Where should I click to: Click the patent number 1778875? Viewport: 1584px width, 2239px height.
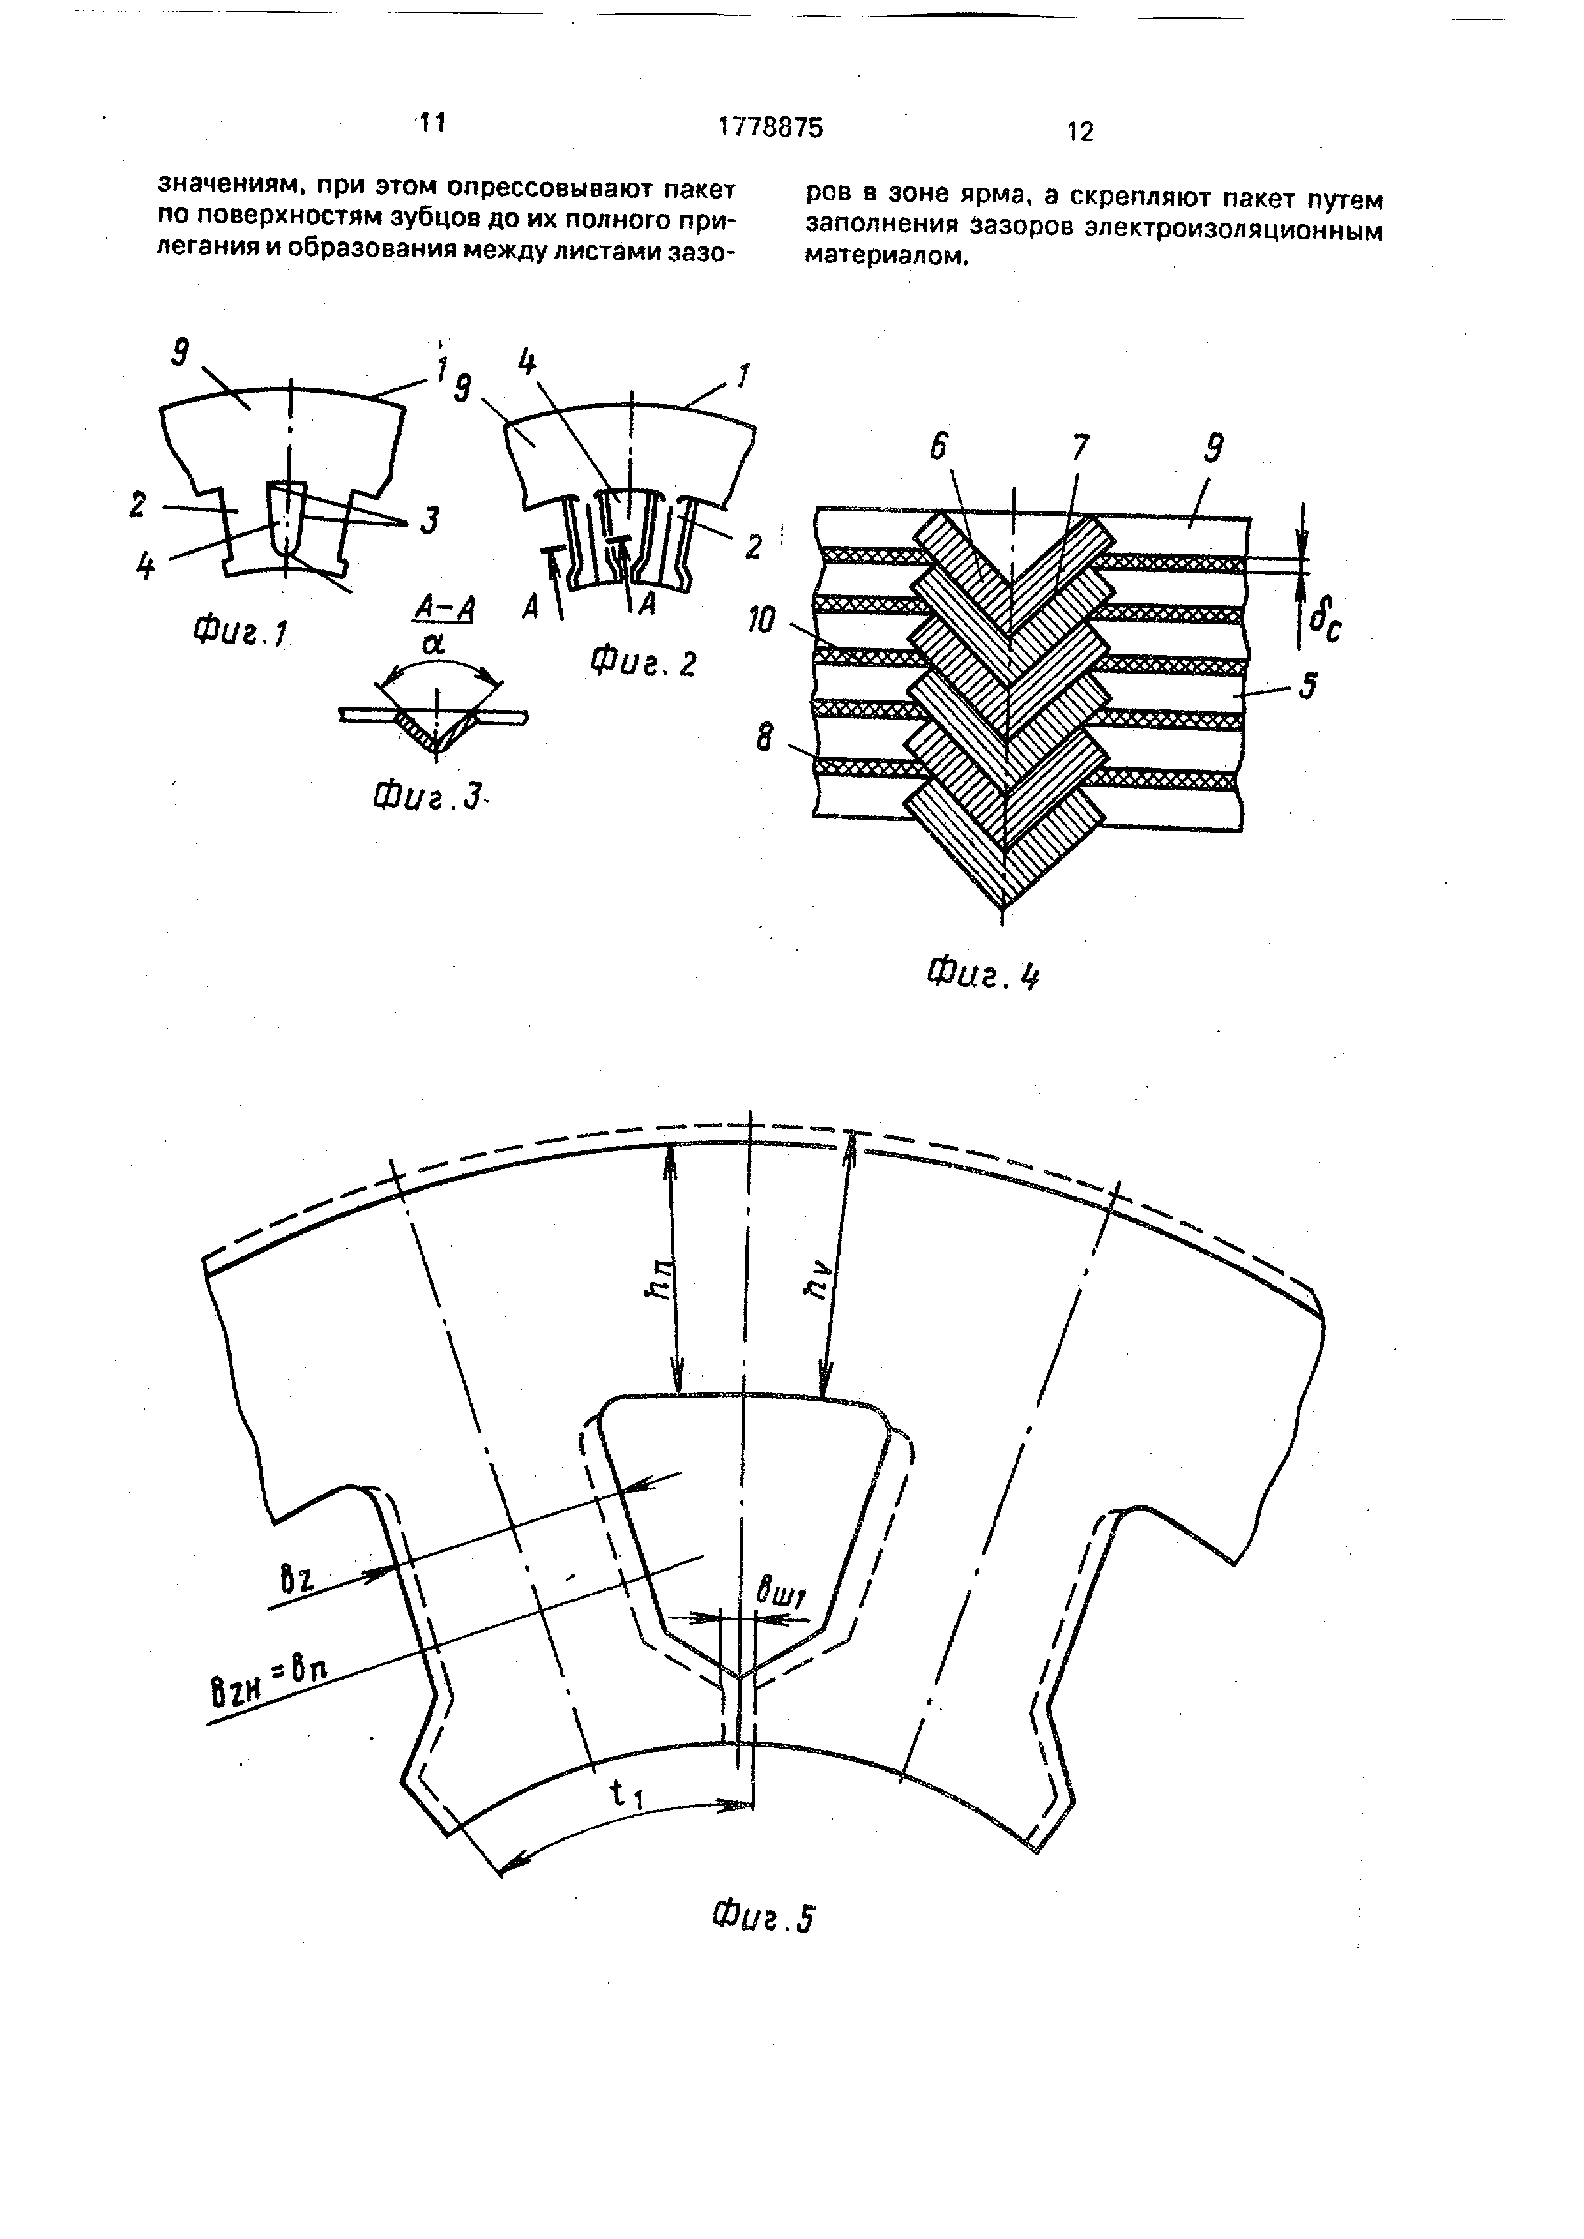(770, 127)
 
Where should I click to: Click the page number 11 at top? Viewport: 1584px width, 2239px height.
(430, 123)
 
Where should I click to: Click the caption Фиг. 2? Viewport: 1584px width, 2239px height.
(644, 663)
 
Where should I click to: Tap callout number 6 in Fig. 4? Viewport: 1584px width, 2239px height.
(938, 447)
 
